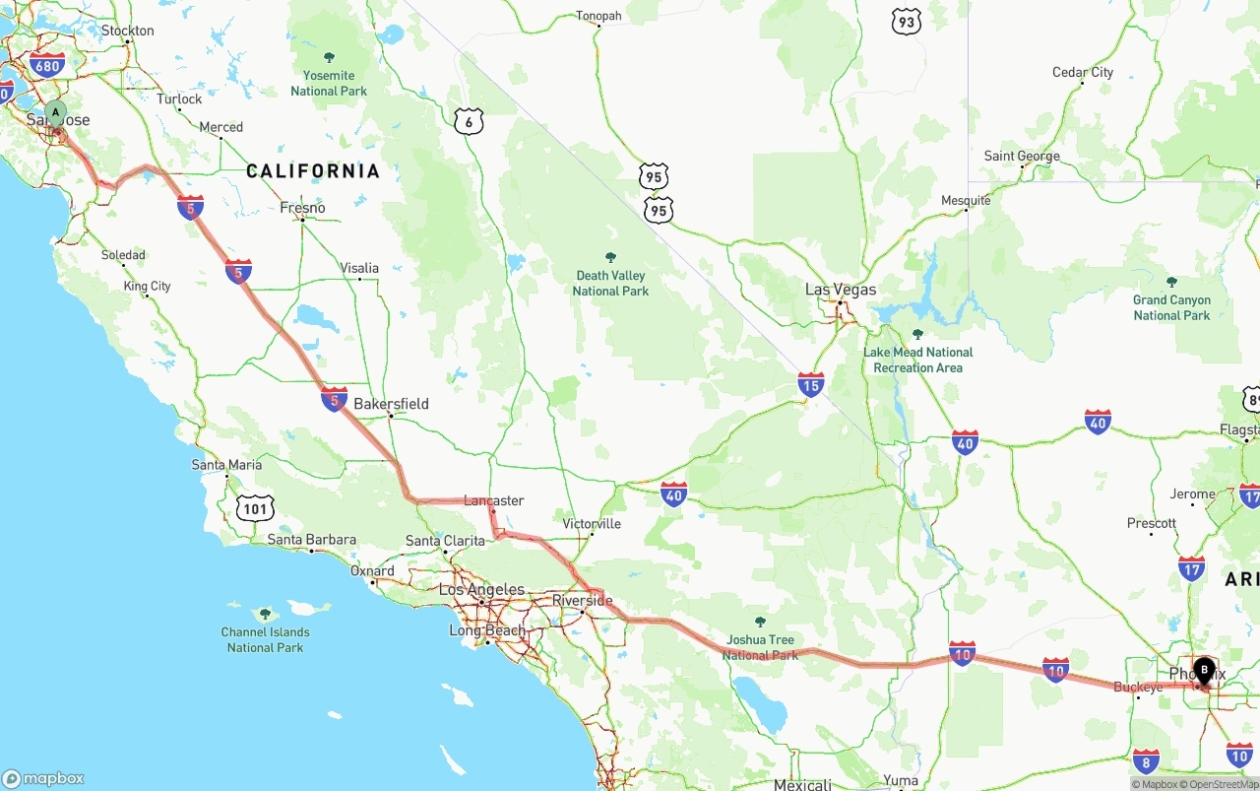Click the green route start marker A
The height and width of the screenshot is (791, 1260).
[56, 112]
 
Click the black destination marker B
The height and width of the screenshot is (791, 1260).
[1203, 670]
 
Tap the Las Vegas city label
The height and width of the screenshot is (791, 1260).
[840, 290]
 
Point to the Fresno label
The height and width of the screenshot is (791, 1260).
[302, 208]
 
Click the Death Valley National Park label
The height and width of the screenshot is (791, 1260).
[610, 283]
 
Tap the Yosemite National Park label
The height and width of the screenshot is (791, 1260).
[329, 83]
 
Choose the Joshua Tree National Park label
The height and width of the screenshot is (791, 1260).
[760, 647]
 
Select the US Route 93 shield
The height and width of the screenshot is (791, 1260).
[906, 22]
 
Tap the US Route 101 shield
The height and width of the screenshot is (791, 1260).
[255, 508]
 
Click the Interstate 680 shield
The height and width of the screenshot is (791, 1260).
[46, 66]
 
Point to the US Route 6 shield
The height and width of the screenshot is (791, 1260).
[470, 122]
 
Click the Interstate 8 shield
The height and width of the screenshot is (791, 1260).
[1145, 760]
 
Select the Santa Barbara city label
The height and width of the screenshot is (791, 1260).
[312, 540]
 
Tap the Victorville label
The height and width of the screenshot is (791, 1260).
[592, 524]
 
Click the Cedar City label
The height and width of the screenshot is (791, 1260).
[1083, 72]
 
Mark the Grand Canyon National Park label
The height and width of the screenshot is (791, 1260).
[1171, 307]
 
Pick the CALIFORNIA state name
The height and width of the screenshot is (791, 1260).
[313, 171]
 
